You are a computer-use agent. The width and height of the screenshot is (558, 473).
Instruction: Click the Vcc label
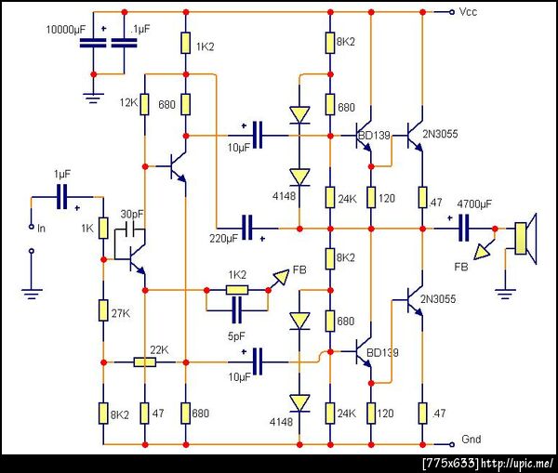pos(470,12)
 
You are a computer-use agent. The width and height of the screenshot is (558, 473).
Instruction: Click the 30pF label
pos(132,213)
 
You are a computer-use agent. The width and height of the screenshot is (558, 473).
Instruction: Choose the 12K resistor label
pos(127,103)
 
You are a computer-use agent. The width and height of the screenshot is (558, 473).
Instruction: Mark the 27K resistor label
pos(120,313)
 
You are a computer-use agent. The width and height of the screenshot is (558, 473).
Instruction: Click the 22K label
pos(158,349)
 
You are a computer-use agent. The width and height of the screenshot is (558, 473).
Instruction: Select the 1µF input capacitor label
pos(61,174)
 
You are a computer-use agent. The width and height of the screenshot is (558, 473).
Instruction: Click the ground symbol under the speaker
pos(507,295)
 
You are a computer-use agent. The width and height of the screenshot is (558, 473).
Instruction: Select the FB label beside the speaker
pos(461,267)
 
